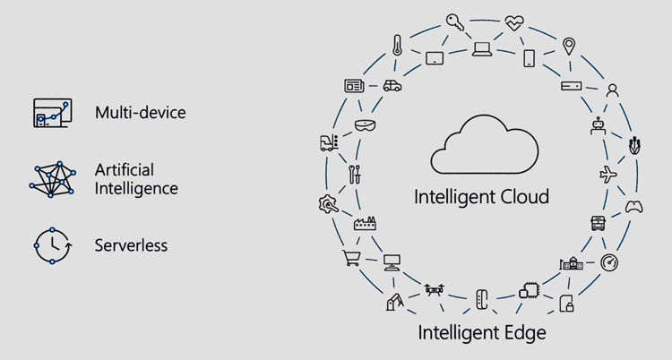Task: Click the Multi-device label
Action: point(140,113)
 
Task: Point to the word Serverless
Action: point(131,245)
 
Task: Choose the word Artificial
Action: point(125,170)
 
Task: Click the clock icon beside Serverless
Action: point(53,246)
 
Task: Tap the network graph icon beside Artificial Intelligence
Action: point(53,179)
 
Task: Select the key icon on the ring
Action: point(454,21)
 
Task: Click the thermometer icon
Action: point(397,45)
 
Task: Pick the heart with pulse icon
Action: point(514,22)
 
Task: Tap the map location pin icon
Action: point(569,47)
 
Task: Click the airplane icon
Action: point(608,175)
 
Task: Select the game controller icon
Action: point(633,207)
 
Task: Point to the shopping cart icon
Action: point(351,258)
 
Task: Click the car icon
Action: point(392,86)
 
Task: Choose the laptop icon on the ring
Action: point(482,49)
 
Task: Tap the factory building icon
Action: point(365,224)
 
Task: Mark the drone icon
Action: point(435,290)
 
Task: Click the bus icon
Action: point(598,223)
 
